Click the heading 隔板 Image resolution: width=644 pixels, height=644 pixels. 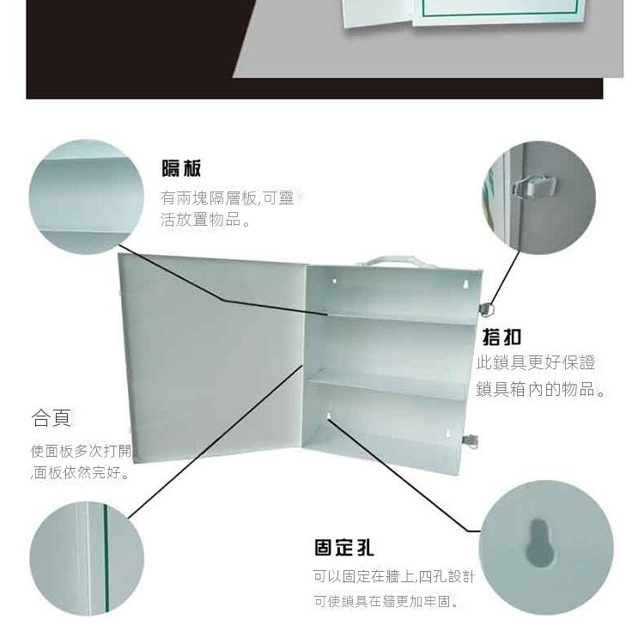point(181,168)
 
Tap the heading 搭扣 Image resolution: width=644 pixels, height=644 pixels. point(502,337)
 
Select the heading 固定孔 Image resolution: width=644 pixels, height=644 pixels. point(344,548)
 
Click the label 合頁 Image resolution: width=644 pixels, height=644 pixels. point(52,417)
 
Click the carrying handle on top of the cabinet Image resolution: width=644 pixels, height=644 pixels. point(392,262)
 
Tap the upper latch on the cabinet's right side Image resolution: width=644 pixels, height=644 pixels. point(486,309)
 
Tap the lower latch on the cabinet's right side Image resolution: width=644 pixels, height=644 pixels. point(471,440)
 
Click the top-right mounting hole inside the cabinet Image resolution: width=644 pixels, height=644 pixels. point(465,284)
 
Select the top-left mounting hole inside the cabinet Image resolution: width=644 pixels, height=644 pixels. point(334,281)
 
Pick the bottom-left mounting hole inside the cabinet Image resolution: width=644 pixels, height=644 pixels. point(329,417)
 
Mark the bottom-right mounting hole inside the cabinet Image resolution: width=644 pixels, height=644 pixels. point(448,433)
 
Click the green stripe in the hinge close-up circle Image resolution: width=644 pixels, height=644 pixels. point(106,559)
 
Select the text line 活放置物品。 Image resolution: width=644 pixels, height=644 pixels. point(205,220)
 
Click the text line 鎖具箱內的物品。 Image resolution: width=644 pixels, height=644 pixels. point(541,389)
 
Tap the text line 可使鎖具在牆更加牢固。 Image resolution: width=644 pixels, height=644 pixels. point(386,601)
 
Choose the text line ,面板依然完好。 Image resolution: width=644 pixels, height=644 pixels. point(81,472)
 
